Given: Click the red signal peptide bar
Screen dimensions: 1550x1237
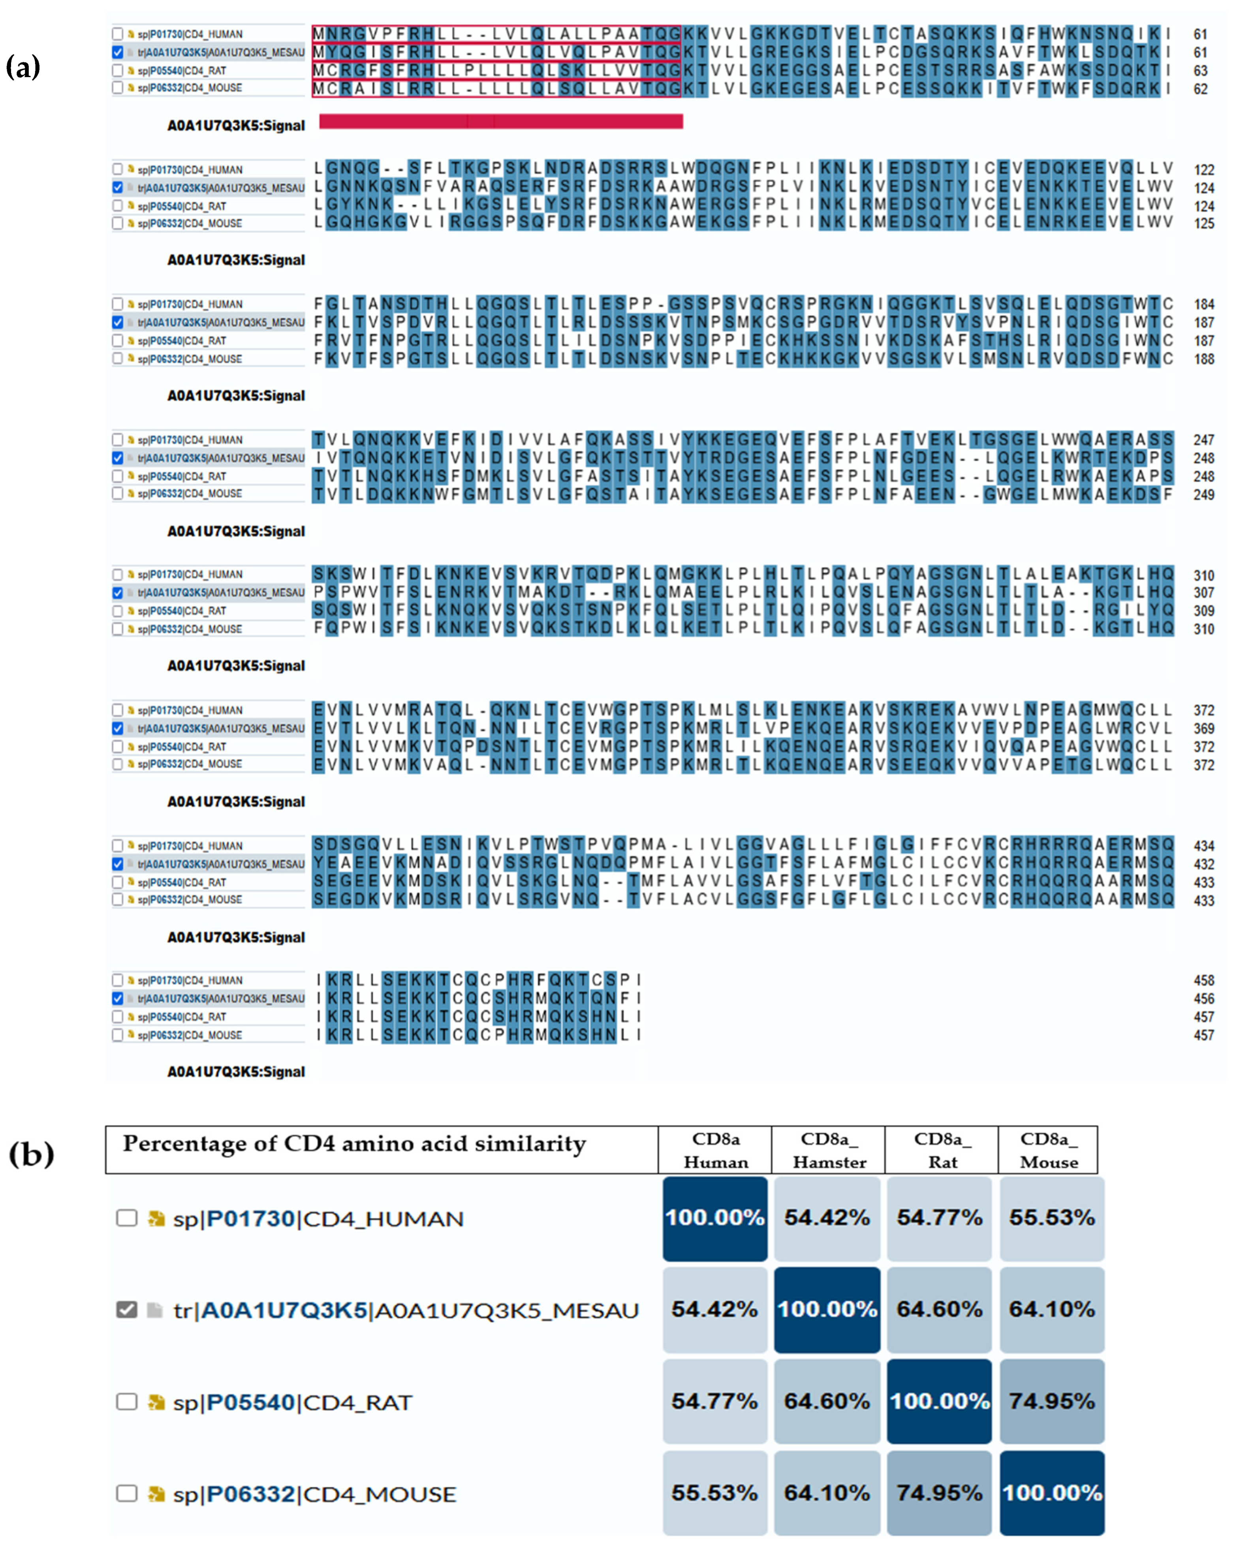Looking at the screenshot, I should click(500, 122).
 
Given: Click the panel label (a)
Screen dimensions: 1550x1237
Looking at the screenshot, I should click(23, 68).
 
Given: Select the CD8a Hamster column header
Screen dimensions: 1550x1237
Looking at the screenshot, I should click(829, 1150).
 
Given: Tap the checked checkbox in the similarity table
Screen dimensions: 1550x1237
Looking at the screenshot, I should click(126, 1310).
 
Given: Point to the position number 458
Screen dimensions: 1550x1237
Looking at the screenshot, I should click(1203, 981).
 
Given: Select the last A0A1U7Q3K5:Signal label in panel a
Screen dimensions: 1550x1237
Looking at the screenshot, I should click(236, 1072).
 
